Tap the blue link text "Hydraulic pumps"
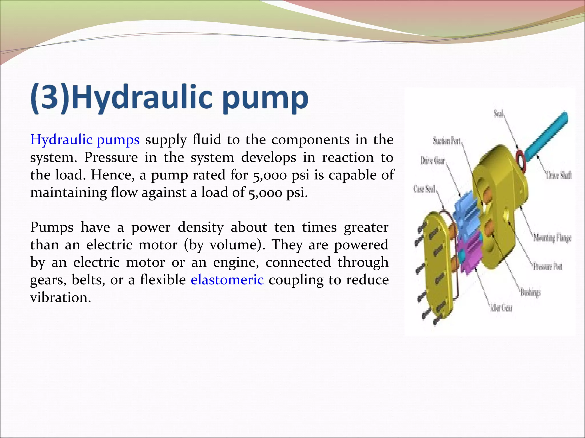tap(85, 140)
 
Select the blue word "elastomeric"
tap(227, 280)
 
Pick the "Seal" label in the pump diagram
tap(498, 114)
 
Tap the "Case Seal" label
tap(424, 189)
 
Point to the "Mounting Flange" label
tap(552, 238)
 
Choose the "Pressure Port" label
tap(548, 267)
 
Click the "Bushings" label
tap(530, 293)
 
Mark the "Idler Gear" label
tap(501, 308)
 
